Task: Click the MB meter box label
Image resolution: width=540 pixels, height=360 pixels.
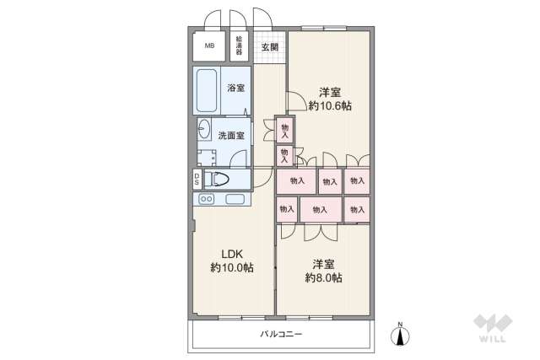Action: [x=208, y=47]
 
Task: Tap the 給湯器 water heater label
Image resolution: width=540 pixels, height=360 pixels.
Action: [x=240, y=46]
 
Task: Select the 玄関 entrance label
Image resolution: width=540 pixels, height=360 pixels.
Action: [x=270, y=46]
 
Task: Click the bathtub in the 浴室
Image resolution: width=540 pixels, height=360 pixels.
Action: [x=207, y=88]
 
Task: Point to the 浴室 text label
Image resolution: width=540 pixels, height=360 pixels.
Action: [x=235, y=88]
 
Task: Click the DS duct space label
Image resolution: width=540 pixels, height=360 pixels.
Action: [x=197, y=179]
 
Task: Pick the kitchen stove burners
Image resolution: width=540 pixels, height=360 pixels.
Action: [x=206, y=200]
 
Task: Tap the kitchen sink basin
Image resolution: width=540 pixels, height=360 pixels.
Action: [x=235, y=200]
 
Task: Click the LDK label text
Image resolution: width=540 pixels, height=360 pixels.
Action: [x=232, y=253]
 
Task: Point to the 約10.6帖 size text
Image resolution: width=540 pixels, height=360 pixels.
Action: [x=330, y=105]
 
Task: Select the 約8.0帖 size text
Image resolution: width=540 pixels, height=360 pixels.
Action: [x=322, y=277]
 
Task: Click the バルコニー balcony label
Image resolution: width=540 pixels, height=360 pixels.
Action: [x=280, y=334]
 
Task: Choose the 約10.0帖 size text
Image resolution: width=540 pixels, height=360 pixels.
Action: [x=232, y=268]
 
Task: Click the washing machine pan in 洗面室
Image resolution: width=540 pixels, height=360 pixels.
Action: [x=206, y=155]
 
